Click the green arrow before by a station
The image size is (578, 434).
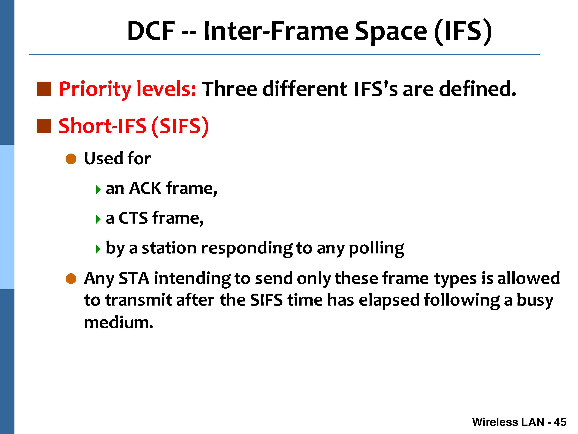[x=98, y=249]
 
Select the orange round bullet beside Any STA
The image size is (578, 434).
[x=71, y=279]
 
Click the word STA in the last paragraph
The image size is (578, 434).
[x=134, y=278]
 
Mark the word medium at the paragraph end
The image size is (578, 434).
[x=118, y=322]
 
